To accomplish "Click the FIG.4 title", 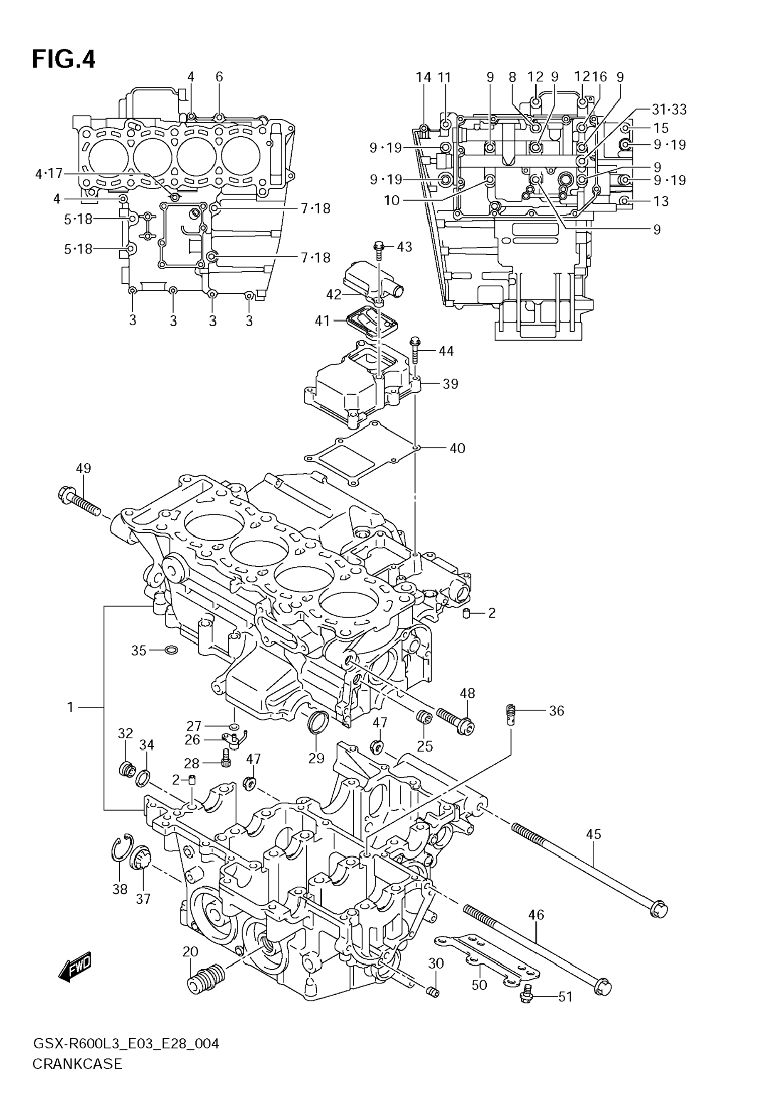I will (64, 60).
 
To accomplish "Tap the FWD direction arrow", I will (75, 966).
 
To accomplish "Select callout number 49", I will (83, 468).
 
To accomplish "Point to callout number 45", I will (593, 834).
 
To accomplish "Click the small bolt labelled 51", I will (526, 996).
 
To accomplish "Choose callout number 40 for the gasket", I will (457, 448).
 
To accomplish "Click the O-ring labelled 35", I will (171, 650).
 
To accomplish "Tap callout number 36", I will (556, 711).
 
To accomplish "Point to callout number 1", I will (70, 707).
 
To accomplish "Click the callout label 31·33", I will (669, 110).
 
